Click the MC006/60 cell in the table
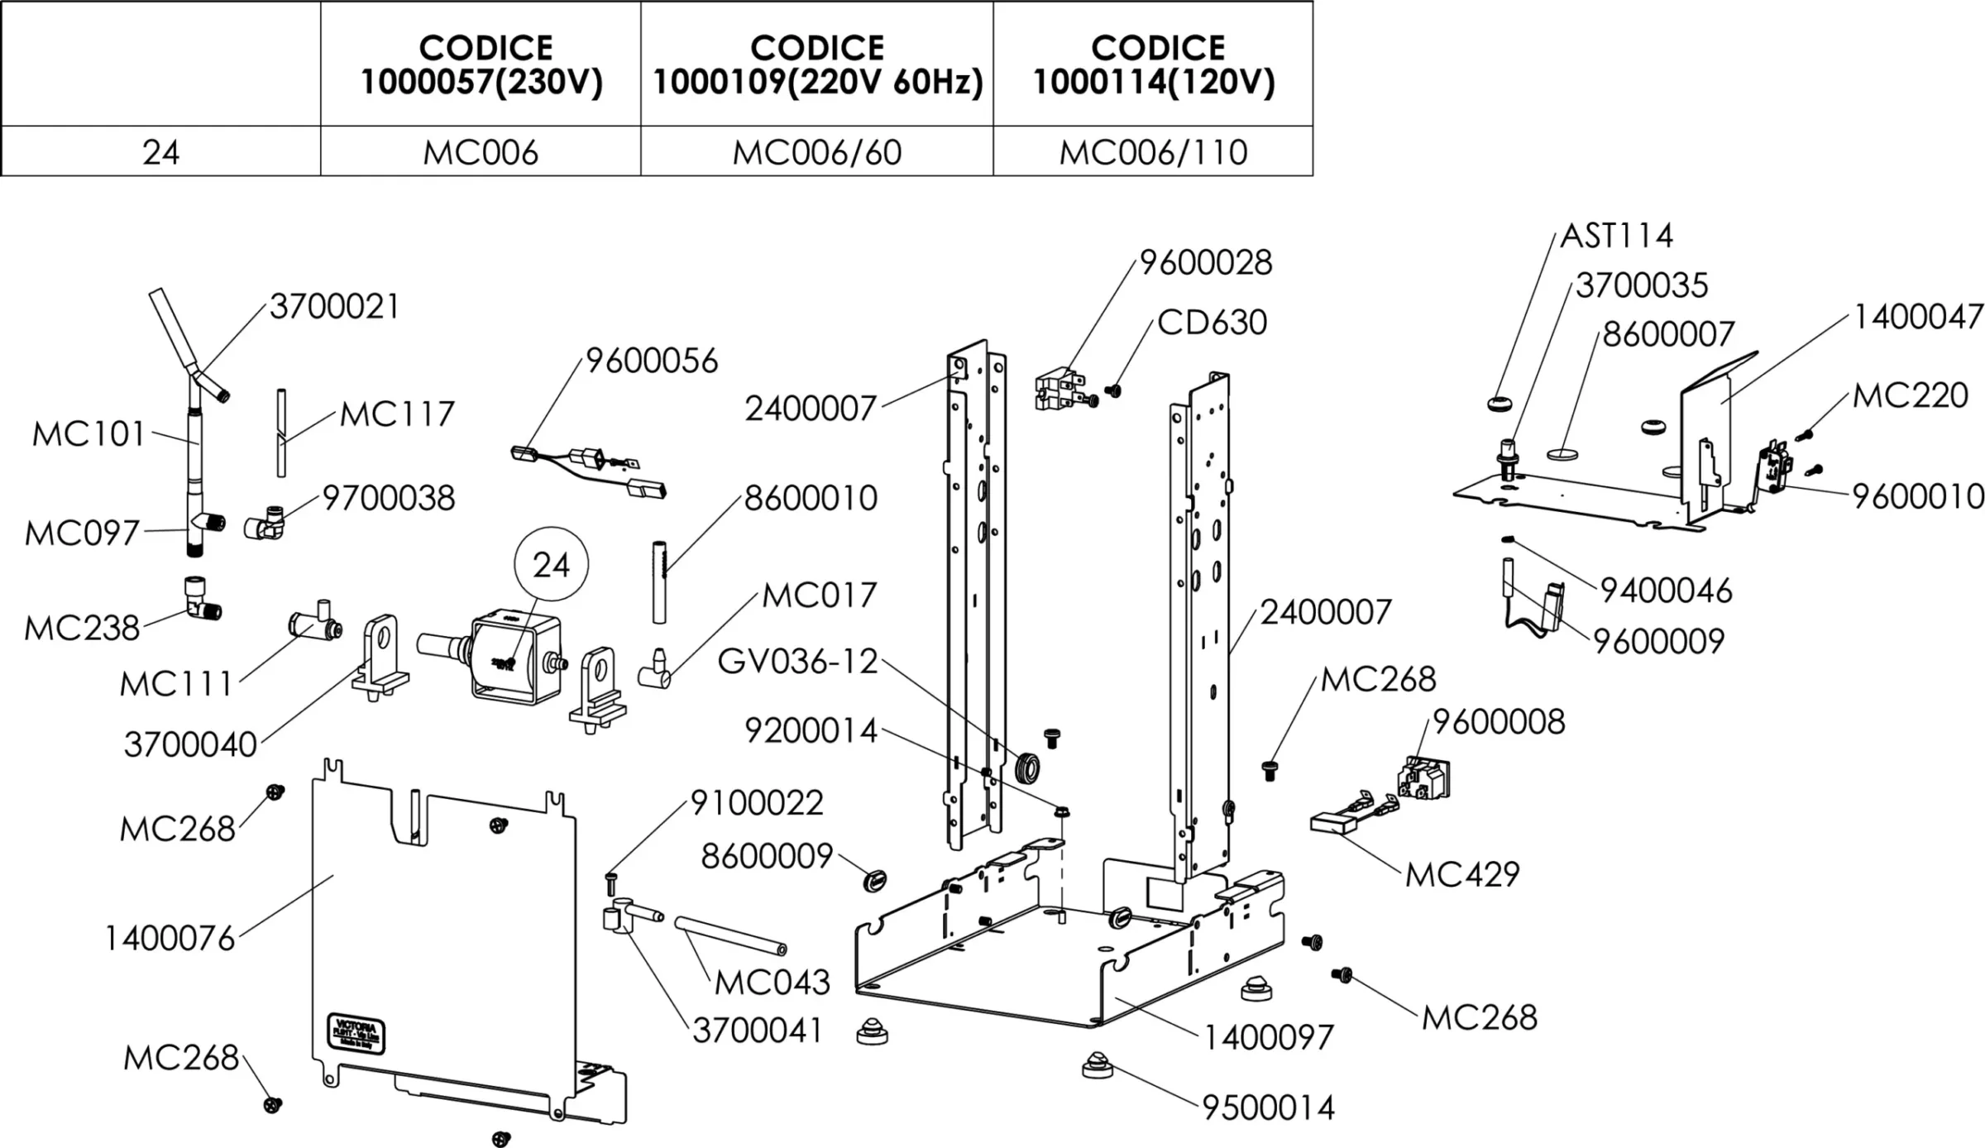point(816,152)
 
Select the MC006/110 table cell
point(1153,152)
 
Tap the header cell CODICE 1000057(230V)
point(481,65)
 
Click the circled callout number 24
point(551,565)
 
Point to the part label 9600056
point(652,361)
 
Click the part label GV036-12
point(797,662)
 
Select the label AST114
point(1616,237)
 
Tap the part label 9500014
point(1269,1107)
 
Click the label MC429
point(1462,874)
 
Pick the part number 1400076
point(170,939)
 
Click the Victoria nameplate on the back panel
point(356,1033)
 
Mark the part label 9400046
point(1666,591)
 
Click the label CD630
point(1212,323)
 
